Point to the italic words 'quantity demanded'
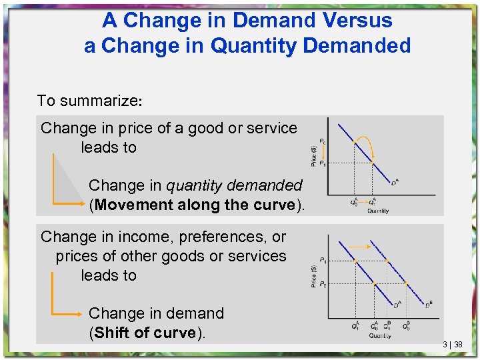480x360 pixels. click(234, 185)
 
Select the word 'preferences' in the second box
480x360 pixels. click(217, 237)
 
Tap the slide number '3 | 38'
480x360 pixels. click(453, 345)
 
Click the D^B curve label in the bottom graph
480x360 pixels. click(429, 305)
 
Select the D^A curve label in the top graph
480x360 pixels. click(395, 181)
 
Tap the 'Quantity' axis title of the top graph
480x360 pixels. click(378, 211)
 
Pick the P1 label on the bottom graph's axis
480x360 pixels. click(323, 260)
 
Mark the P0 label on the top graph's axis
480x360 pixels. click(323, 141)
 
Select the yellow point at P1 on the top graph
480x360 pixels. click(372, 163)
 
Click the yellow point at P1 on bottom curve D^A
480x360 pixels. click(357, 260)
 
